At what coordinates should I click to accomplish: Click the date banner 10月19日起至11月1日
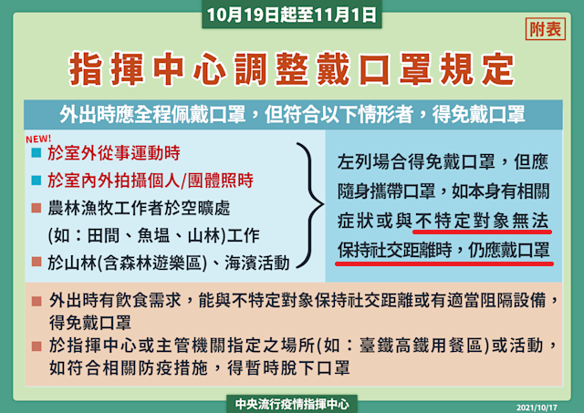point(292,15)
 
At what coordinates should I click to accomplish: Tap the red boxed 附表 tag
point(546,28)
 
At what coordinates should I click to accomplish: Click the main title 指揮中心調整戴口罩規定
point(292,69)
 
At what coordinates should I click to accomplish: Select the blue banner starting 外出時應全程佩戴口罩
point(293,114)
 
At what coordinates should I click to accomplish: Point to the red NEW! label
point(38,139)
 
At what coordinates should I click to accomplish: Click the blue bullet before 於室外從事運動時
point(36,152)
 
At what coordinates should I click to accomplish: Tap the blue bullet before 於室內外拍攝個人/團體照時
point(36,181)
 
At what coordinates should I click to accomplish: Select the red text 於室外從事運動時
point(114,153)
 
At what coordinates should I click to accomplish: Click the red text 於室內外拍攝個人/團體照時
point(151,181)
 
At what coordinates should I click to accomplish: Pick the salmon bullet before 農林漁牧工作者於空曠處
point(36,208)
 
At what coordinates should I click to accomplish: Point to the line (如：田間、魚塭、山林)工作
point(153,235)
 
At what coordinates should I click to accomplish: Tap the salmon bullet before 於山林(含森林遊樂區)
point(36,262)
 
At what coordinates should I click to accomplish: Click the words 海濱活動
point(257,263)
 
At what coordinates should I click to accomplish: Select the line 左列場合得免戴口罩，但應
point(443,162)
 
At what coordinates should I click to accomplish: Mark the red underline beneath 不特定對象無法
point(482,232)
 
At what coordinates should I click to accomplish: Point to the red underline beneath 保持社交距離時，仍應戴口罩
point(444,263)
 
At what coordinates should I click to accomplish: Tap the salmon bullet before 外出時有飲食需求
point(36,301)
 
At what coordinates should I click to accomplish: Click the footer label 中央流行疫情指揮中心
point(292,404)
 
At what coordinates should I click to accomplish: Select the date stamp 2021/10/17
point(537,408)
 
